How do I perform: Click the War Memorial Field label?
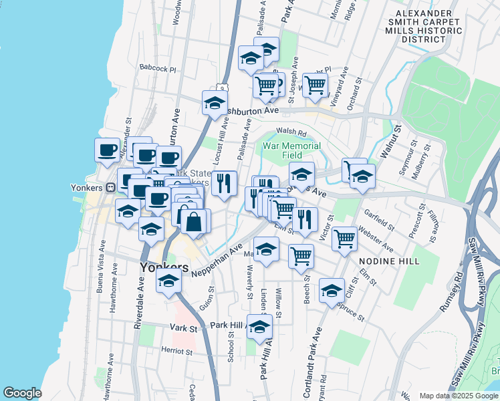point(291,150)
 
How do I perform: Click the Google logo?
point(22,393)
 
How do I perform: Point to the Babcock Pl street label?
point(157,68)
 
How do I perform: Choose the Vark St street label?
point(184,328)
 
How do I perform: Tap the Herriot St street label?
point(176,350)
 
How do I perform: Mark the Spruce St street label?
point(352,309)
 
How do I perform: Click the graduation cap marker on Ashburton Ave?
point(215,103)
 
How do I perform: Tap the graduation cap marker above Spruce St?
point(332,291)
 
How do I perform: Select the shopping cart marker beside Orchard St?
point(315,85)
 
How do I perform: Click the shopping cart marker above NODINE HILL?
point(344,237)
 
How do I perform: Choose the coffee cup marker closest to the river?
point(107,150)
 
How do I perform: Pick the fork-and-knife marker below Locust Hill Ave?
point(224,182)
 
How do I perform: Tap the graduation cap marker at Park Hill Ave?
point(260,326)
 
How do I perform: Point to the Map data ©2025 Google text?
point(458,395)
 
